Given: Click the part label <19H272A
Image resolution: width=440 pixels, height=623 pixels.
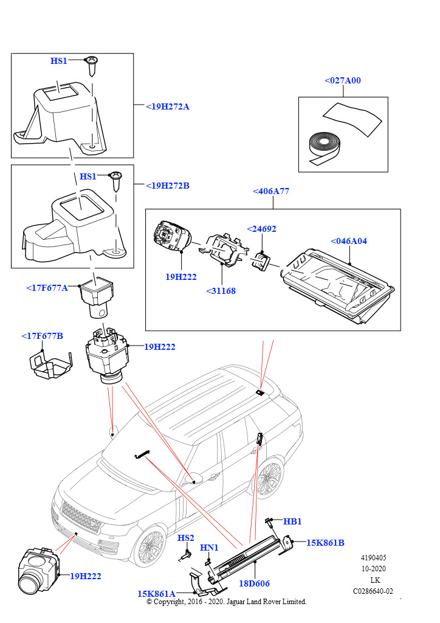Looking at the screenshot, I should [x=168, y=106].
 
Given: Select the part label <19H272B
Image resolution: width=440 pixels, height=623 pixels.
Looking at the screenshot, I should [x=168, y=186].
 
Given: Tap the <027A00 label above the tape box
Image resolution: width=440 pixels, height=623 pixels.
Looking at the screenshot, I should [x=342, y=80].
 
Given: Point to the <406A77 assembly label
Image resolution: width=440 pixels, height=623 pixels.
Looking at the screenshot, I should [x=270, y=191].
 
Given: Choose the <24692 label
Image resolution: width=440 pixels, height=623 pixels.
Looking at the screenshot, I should [x=261, y=229].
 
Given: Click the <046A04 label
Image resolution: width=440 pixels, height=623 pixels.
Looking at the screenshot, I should [x=349, y=241].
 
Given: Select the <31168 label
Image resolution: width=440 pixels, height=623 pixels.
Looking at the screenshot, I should [x=221, y=291].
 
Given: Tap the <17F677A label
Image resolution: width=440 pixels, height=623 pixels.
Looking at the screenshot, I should [x=47, y=288].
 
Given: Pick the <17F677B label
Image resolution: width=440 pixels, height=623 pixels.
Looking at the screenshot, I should [x=42, y=336].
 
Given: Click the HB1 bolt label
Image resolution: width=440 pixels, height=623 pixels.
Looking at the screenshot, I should [x=292, y=521].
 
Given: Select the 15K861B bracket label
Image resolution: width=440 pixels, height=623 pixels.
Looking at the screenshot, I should [x=325, y=543].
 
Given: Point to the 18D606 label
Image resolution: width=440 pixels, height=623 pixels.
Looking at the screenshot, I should [x=254, y=583].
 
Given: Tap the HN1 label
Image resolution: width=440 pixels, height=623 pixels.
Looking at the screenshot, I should [x=209, y=548].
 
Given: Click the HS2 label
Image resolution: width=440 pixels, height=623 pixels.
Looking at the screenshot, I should [x=186, y=538].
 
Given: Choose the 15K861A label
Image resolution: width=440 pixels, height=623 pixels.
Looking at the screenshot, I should [x=156, y=594].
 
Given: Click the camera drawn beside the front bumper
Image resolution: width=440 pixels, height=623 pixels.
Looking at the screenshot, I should [x=38, y=569].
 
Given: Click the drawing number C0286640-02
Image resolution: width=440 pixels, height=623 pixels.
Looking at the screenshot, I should [x=373, y=591].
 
